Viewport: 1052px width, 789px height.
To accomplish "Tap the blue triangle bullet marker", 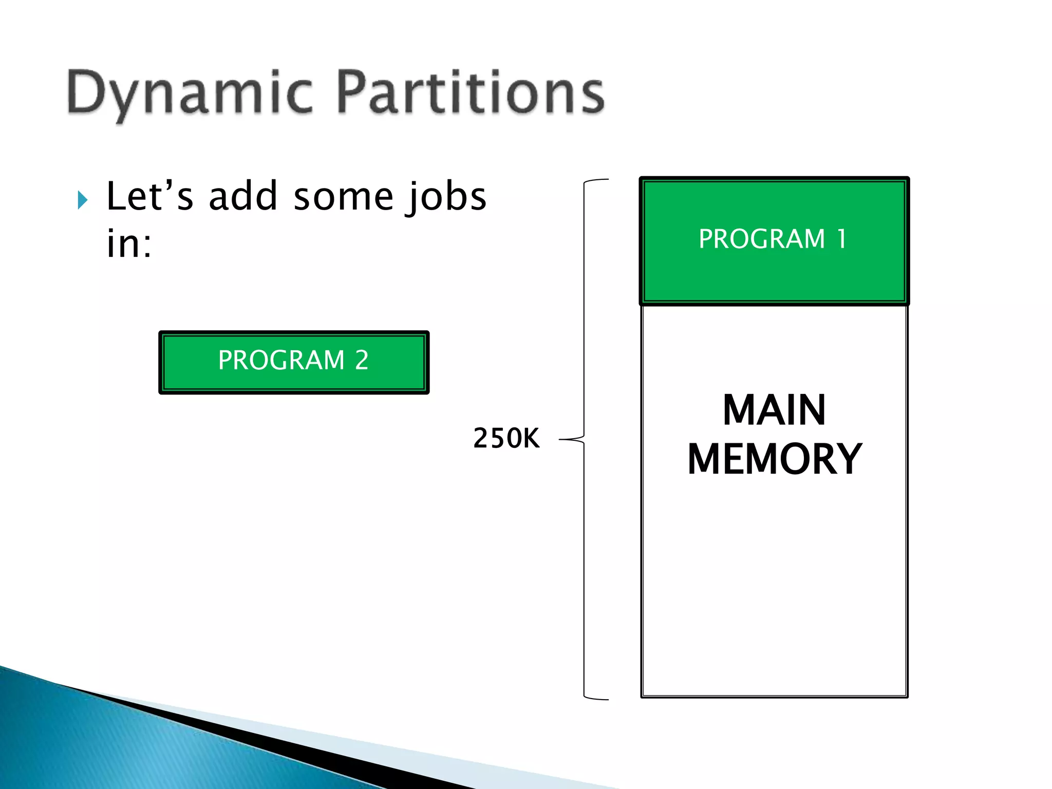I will (82, 200).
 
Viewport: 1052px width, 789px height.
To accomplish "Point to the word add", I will (243, 197).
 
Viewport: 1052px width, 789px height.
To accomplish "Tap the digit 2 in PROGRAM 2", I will (362, 360).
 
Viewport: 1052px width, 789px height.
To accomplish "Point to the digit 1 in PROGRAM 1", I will (841, 239).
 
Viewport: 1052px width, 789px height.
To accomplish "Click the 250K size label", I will (506, 439).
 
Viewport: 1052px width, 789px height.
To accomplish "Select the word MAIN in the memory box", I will (774, 410).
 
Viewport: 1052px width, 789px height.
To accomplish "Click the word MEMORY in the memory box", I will (774, 459).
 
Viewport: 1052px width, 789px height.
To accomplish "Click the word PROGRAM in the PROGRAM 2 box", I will (281, 360).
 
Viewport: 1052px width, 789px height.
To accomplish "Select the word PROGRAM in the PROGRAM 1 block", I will (762, 239).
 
